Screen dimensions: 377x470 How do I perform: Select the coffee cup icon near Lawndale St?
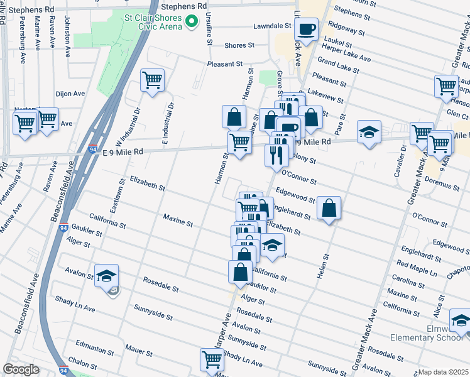pos(306,30)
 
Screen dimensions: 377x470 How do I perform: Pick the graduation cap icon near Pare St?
pos(369,132)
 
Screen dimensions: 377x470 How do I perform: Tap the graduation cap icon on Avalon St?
pos(106,275)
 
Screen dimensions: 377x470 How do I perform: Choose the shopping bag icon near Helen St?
pos(329,208)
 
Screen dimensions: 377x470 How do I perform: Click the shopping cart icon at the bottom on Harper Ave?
pos(212,359)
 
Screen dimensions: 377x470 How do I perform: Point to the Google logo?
pos(21,369)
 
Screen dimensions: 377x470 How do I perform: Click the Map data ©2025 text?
pos(443,372)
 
